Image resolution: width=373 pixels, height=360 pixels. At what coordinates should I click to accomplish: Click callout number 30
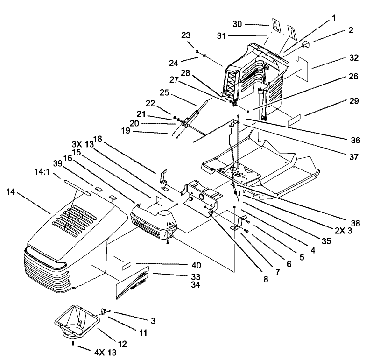click(237, 24)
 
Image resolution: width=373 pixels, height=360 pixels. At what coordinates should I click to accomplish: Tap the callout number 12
click(122, 344)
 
